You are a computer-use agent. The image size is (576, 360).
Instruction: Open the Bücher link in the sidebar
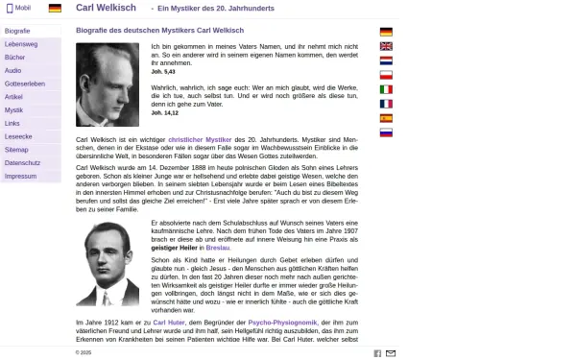[15, 58]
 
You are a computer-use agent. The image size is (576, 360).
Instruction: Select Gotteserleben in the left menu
[25, 84]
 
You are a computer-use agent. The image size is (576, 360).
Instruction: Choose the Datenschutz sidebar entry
[22, 163]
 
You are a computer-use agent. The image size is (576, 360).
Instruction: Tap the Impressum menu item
[20, 177]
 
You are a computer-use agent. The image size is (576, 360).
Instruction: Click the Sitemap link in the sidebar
[16, 150]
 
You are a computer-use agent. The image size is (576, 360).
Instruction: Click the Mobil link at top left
[19, 8]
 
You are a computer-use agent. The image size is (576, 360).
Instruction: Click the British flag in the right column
[386, 45]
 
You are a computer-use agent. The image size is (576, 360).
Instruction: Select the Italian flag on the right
[386, 104]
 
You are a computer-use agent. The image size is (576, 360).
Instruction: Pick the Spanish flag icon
[386, 118]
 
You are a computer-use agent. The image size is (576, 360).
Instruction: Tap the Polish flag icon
[386, 74]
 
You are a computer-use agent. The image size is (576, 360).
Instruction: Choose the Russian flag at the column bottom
[386, 132]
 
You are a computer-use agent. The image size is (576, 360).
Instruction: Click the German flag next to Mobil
[55, 8]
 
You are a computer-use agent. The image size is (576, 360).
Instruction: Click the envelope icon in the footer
[391, 353]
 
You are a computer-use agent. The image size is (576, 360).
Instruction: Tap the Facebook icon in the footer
[377, 353]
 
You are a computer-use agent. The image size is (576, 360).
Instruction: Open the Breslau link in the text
[217, 248]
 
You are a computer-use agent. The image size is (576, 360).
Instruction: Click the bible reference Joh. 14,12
[164, 112]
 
